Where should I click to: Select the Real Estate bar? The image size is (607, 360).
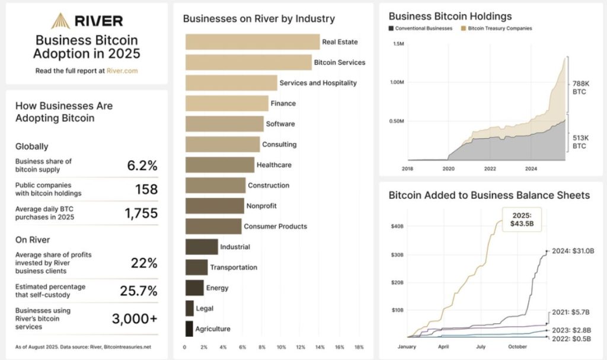point(253,42)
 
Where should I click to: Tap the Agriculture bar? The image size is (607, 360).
point(189,329)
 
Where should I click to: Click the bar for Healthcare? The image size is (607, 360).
point(220,165)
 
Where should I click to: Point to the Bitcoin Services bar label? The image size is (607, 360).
point(339,62)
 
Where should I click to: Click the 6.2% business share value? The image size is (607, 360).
point(142,165)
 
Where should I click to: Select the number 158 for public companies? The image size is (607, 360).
point(146,189)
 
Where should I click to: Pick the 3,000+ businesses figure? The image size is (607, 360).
point(135,318)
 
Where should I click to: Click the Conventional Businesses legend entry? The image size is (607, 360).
point(420,28)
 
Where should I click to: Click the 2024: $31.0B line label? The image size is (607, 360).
point(573,251)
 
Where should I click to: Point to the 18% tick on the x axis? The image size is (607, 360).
point(358,347)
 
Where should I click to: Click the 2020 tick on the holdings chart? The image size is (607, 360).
point(448,168)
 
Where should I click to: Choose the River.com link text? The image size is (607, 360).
point(122,71)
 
